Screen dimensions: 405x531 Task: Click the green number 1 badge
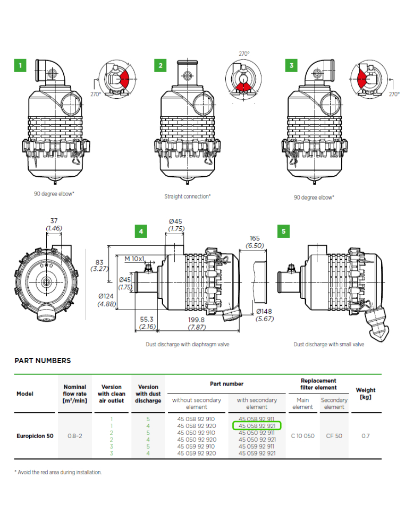coord(20,65)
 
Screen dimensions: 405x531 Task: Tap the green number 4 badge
coord(141,232)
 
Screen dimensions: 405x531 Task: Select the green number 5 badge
coord(283,232)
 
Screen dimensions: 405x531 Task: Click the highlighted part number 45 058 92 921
coord(257,426)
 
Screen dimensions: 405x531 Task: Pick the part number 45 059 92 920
coord(197,453)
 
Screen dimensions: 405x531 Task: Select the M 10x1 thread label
coord(134,259)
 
